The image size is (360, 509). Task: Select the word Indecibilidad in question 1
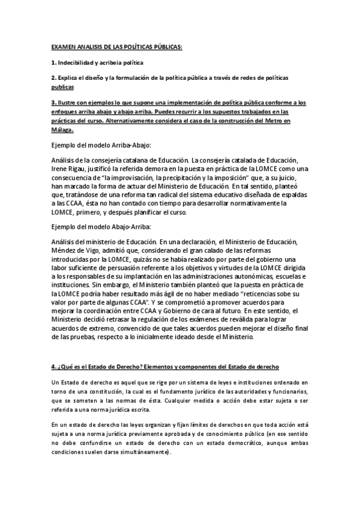80,62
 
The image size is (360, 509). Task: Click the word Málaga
63,129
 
